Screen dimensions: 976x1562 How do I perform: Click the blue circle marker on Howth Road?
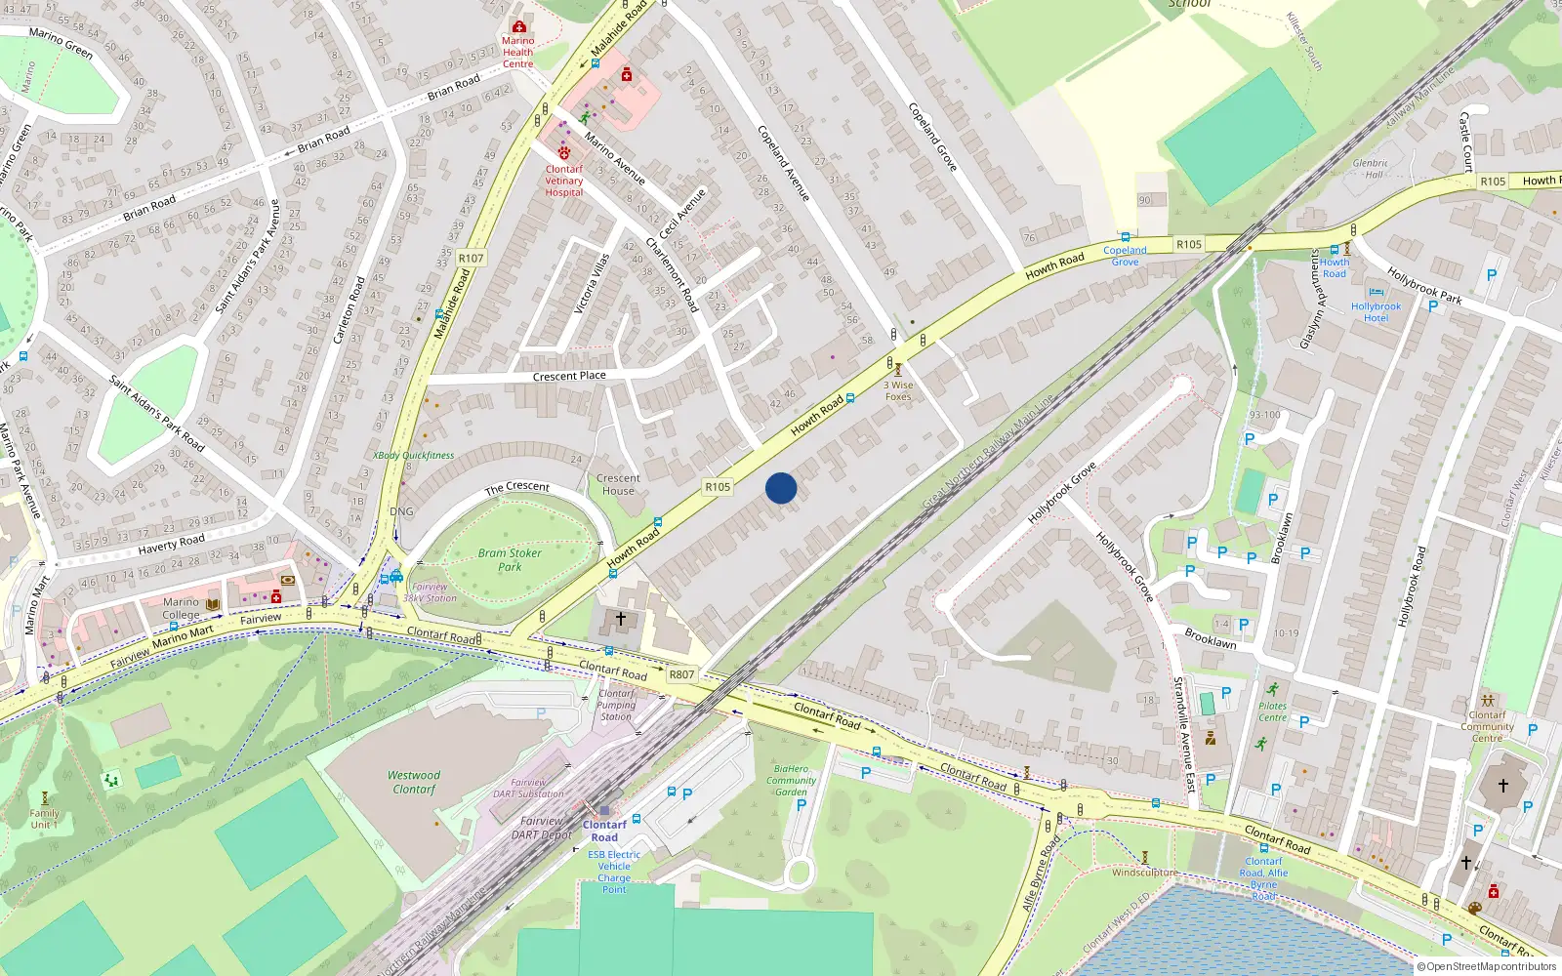pyautogui.click(x=781, y=488)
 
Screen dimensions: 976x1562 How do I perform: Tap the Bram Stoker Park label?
pyautogui.click(x=510, y=559)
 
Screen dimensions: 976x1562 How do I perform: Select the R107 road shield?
pyautogui.click(x=471, y=259)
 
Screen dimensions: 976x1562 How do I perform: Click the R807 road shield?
pyautogui.click(x=681, y=674)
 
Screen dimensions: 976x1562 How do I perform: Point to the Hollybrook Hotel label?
pyautogui.click(x=1376, y=312)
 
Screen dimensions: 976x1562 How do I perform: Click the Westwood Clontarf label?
pyautogui.click(x=414, y=782)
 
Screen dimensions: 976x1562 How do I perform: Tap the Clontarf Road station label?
pyautogui.click(x=604, y=831)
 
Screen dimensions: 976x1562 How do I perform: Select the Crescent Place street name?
pyautogui.click(x=569, y=376)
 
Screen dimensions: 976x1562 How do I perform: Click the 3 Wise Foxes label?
pyautogui.click(x=898, y=390)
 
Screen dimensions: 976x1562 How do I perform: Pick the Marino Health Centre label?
pyautogui.click(x=517, y=53)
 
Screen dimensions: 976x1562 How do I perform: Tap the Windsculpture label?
pyautogui.click(x=1144, y=873)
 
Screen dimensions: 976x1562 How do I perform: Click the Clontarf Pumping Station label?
pyautogui.click(x=616, y=705)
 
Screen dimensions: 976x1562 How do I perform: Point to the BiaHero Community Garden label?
pyautogui.click(x=791, y=780)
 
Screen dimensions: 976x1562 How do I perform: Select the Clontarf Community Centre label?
pyautogui.click(x=1487, y=726)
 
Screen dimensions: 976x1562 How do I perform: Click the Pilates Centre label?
pyautogui.click(x=1272, y=712)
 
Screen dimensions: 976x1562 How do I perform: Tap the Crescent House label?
pyautogui.click(x=618, y=484)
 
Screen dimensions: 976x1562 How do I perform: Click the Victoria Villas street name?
pyautogui.click(x=592, y=283)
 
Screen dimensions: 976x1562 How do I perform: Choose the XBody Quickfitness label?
pyautogui.click(x=414, y=455)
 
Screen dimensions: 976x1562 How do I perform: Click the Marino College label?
pyautogui.click(x=181, y=608)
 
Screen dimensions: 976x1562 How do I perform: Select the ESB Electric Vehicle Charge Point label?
pyautogui.click(x=614, y=872)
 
